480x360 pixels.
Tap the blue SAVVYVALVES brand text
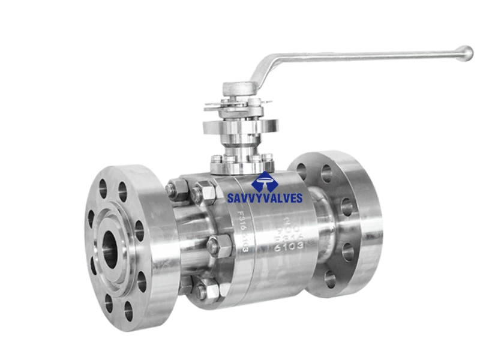(x=264, y=197)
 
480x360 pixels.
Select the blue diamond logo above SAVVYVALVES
(x=264, y=179)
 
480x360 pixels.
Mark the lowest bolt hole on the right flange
(x=331, y=277)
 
